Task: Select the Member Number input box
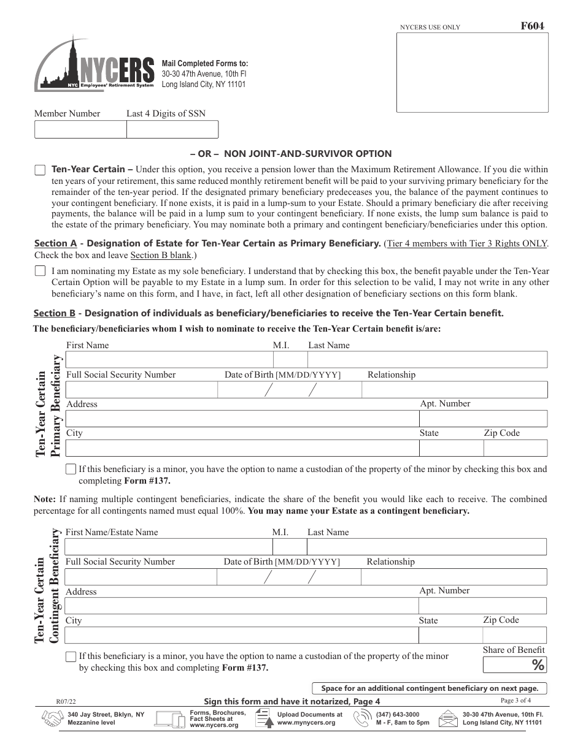pos(80,130)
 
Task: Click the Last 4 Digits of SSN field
pos(172,130)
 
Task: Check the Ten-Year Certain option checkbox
pos(41,170)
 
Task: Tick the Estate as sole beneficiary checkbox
pos(41,271)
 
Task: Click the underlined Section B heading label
pos(55,313)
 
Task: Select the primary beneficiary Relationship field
pos(454,390)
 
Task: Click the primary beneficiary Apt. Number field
pos(482,419)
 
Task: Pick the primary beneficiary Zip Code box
pos(515,448)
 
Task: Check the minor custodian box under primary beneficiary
pos(71,470)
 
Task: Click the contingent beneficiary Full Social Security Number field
pos(141,577)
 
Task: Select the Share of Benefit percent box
pos(514,665)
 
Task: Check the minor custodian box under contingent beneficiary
pos(71,657)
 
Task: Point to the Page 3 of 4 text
pos(515,701)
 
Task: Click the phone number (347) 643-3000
pos(398,714)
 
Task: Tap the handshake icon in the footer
pos(53,718)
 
